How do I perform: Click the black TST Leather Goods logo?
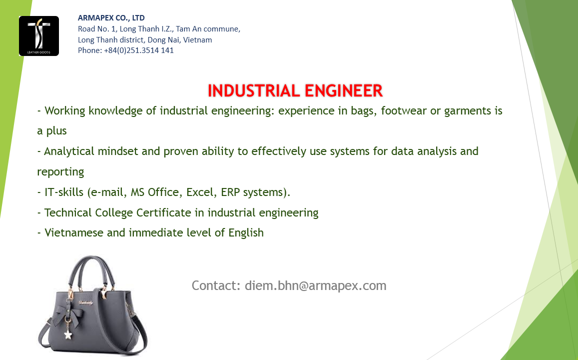point(38,36)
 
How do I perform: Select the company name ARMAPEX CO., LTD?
point(111,17)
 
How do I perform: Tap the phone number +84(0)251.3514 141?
point(138,50)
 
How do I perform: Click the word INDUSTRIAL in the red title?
point(254,91)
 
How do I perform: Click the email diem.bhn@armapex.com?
point(316,286)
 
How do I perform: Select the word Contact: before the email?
point(216,285)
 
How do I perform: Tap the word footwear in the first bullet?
point(404,110)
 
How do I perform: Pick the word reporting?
point(60,172)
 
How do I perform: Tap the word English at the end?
point(246,233)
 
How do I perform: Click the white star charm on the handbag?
point(67,335)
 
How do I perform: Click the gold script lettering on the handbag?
point(85,303)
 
